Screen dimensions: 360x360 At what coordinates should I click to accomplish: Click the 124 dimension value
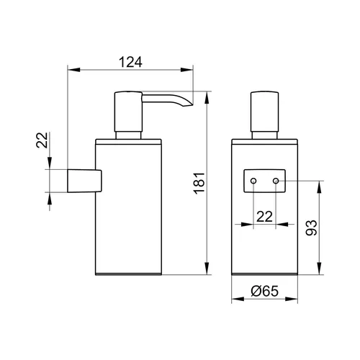coord(130,62)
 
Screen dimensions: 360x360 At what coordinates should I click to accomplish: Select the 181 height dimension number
coord(199,184)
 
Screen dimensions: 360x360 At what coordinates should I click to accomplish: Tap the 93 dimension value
coord(311,228)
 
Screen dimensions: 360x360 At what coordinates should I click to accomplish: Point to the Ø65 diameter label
coord(264,291)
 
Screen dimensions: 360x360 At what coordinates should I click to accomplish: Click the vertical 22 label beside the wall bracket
coord(42,140)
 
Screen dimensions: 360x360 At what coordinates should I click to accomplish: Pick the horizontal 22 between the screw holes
coord(264,217)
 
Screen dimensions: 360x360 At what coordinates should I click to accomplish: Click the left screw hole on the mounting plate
coord(253,181)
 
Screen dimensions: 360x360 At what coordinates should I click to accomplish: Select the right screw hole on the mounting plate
coord(276,181)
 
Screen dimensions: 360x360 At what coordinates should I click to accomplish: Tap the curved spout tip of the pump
coord(189,104)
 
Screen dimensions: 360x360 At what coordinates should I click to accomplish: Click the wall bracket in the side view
coord(84,181)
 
